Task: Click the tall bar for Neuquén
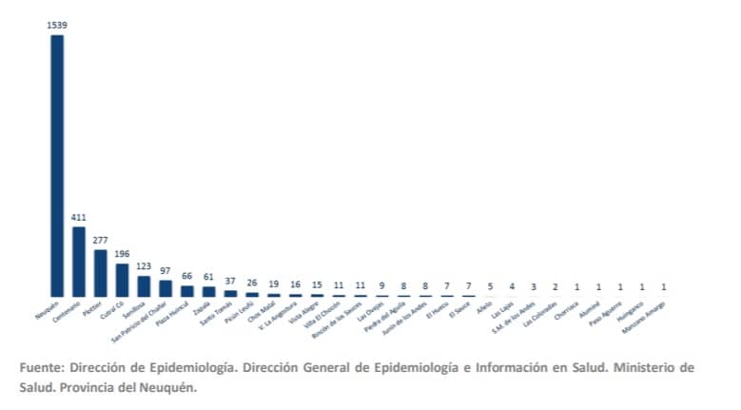tap(57, 166)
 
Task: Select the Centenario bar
tap(79, 262)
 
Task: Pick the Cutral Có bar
tap(122, 280)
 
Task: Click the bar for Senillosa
tap(144, 285)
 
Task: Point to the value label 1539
tap(57, 24)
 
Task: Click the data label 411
tap(79, 218)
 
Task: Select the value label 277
tap(101, 242)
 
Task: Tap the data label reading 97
tap(166, 272)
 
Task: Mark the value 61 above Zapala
tap(208, 278)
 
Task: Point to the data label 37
tap(230, 282)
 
